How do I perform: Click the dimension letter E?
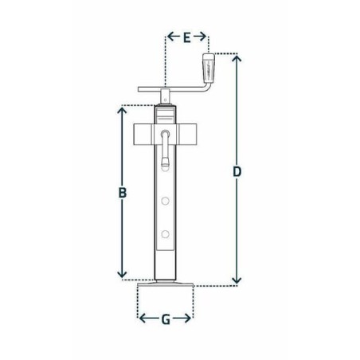[x=187, y=37]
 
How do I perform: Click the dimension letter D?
[x=237, y=171]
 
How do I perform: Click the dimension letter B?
[x=123, y=193]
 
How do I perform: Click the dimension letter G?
[x=166, y=319]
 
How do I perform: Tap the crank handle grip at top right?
[x=208, y=68]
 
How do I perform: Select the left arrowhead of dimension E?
[x=170, y=37]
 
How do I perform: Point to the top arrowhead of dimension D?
[x=237, y=58]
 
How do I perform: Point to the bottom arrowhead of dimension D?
[x=237, y=280]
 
